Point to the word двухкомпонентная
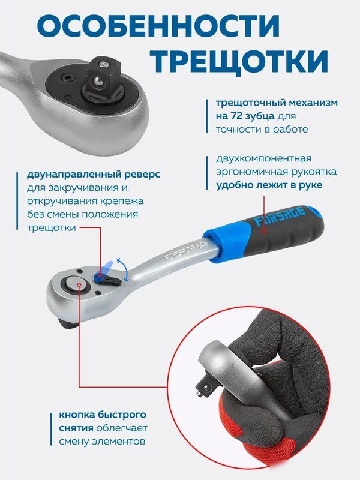[264, 159]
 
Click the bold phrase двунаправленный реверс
[94, 175]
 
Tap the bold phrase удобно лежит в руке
[269, 185]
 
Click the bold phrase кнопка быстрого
[103, 415]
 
